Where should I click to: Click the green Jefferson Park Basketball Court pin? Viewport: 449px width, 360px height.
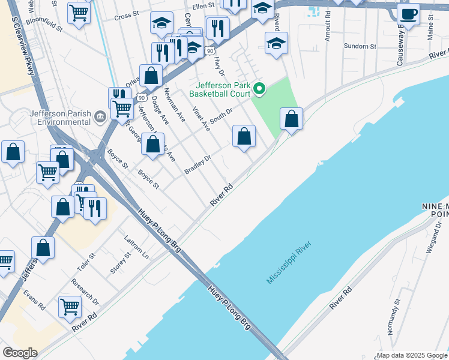(259, 89)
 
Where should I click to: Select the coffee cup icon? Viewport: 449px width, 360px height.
(408, 14)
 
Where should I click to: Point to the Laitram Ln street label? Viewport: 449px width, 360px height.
(137, 246)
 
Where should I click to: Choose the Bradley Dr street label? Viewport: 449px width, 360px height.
(198, 166)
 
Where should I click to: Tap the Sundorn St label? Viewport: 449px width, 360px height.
(360, 46)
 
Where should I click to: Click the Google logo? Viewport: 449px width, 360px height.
(20, 353)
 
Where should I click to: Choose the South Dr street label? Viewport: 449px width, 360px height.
(221, 116)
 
